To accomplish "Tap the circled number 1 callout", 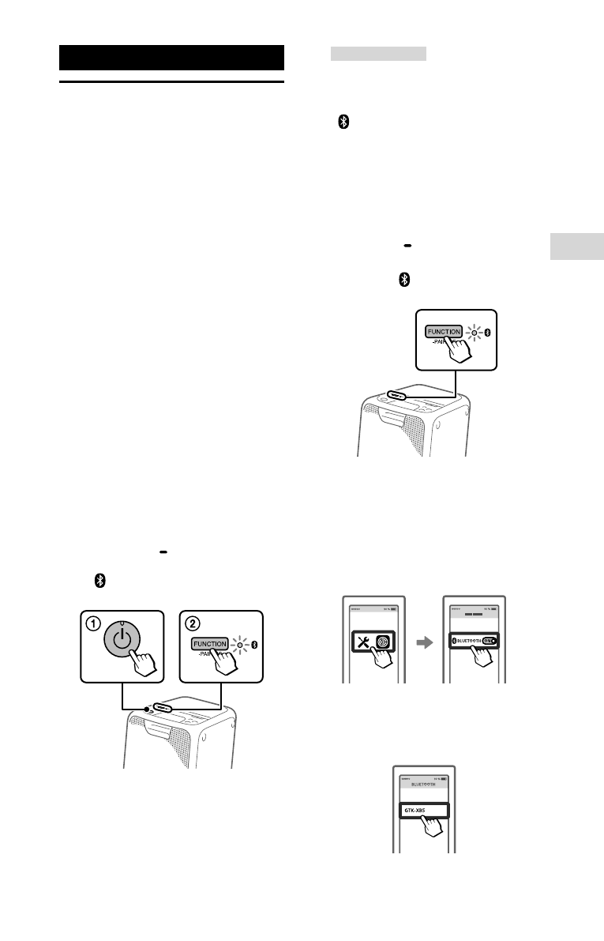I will [x=92, y=623].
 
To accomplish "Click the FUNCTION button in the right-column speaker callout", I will [x=444, y=333].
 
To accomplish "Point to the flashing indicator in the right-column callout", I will [x=474, y=333].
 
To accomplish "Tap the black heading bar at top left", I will [x=171, y=58].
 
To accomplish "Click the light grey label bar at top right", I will [x=378, y=54].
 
